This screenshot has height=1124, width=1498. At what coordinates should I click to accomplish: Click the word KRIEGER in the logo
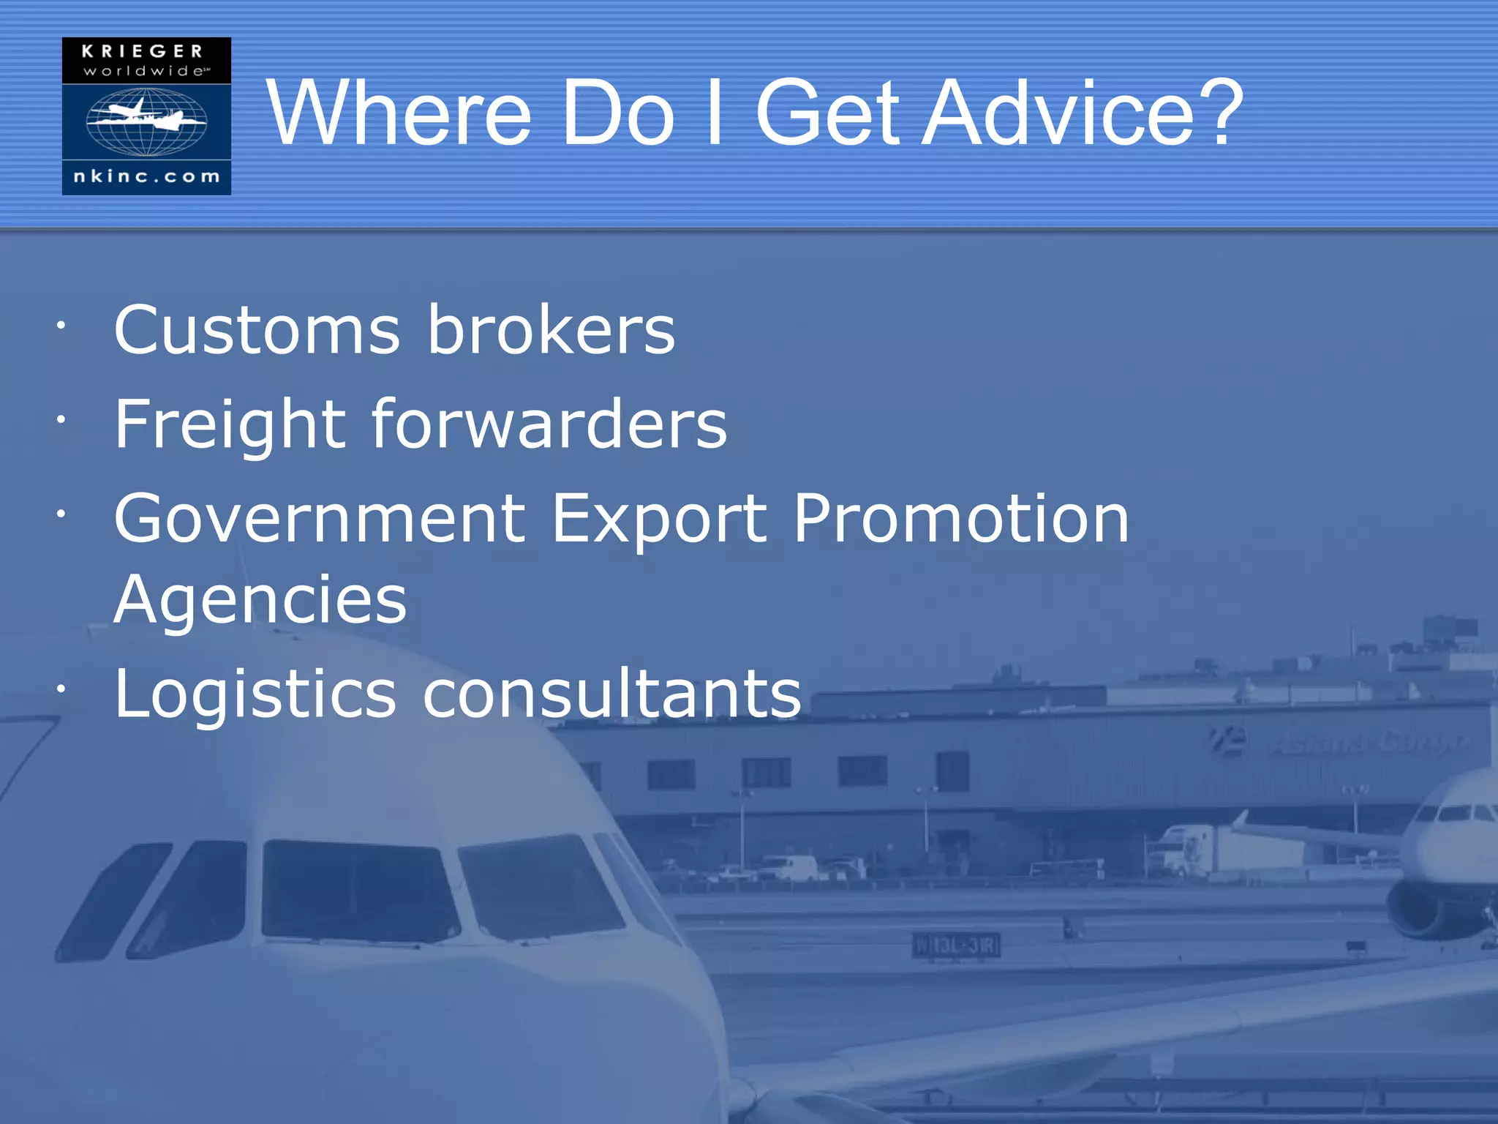pos(142,51)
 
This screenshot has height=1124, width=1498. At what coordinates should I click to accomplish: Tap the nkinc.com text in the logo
pos(146,176)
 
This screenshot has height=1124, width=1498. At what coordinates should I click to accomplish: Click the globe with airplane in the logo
pos(146,121)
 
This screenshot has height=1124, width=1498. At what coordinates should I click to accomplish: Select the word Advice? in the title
pos(1083,113)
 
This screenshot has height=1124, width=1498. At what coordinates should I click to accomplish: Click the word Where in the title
pos(399,113)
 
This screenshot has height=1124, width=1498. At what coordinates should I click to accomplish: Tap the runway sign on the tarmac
pos(956,945)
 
